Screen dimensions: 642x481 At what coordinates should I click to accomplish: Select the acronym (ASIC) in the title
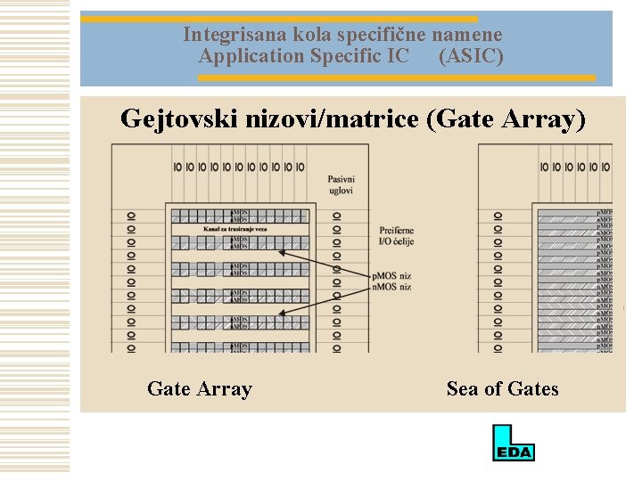471,56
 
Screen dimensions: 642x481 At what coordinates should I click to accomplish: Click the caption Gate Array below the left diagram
200,388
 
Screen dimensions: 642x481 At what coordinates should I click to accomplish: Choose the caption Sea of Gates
502,388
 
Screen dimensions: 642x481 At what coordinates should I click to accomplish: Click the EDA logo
514,443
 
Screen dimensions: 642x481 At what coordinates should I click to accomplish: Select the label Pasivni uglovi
341,185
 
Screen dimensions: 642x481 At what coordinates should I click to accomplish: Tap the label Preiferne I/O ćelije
397,235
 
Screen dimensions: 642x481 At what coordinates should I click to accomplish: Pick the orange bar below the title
396,78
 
